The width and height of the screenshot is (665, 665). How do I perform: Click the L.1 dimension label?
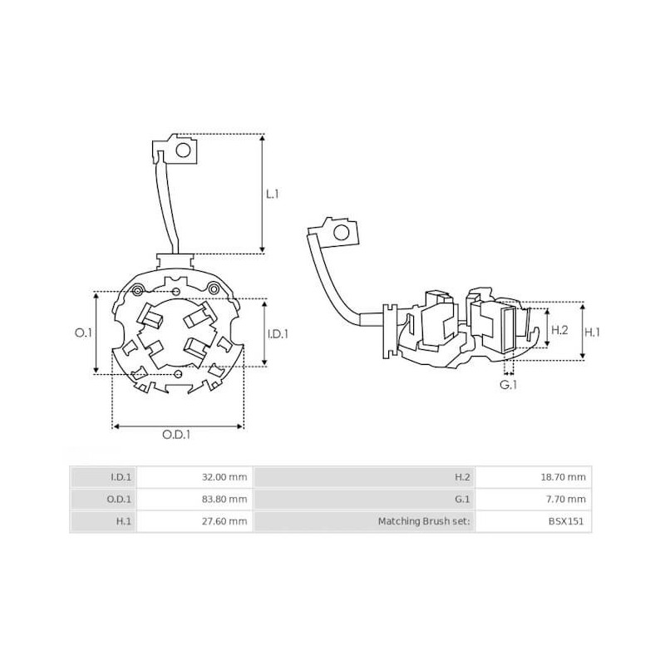coord(272,194)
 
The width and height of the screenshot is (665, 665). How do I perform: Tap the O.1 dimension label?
coord(83,332)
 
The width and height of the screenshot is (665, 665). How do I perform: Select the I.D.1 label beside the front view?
coord(278,334)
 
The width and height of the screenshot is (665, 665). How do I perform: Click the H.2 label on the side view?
coord(559,331)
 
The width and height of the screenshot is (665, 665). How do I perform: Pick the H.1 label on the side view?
coord(592,331)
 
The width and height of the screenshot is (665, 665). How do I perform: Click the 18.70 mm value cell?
coord(565,477)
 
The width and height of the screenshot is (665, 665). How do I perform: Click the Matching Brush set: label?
coord(424,522)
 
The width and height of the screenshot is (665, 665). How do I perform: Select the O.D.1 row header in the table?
coord(121,500)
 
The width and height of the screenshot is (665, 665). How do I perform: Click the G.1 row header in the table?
coord(462,500)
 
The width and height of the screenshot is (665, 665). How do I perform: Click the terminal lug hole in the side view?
coord(339,233)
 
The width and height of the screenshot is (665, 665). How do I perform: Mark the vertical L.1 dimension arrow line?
coord(263,194)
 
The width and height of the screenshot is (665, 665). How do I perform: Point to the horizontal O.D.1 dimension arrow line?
coord(179,426)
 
